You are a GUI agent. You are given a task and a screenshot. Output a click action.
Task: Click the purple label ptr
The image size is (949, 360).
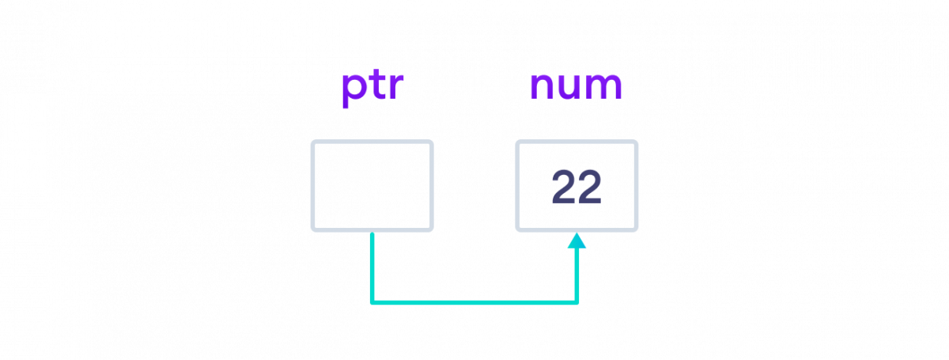372,86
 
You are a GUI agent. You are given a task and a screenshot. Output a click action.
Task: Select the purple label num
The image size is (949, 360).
576,86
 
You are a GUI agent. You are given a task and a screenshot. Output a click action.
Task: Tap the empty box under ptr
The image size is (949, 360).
372,186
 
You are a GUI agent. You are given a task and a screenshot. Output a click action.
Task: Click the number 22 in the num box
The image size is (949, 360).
577,188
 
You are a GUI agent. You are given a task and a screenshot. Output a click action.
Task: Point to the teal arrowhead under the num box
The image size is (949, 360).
577,241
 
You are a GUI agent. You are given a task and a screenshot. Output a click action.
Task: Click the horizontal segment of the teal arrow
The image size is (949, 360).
475,302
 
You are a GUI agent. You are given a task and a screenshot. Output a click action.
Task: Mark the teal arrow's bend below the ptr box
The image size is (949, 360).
372,302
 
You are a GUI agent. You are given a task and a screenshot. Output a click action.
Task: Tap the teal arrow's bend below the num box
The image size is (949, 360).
577,302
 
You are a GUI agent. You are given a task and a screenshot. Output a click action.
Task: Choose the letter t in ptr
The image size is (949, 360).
377,85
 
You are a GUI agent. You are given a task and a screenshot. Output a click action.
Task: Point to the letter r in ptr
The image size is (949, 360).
396,87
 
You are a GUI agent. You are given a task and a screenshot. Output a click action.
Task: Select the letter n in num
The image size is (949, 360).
542,87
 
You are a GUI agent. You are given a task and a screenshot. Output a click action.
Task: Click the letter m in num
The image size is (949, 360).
605,87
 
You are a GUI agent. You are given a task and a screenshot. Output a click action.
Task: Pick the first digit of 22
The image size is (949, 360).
563,188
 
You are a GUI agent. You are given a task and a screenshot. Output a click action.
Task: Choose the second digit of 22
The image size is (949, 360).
590,188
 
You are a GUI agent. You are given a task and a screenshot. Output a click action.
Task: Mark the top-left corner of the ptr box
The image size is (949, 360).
313,142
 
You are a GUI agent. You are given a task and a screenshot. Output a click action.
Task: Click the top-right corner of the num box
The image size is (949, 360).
636,142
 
